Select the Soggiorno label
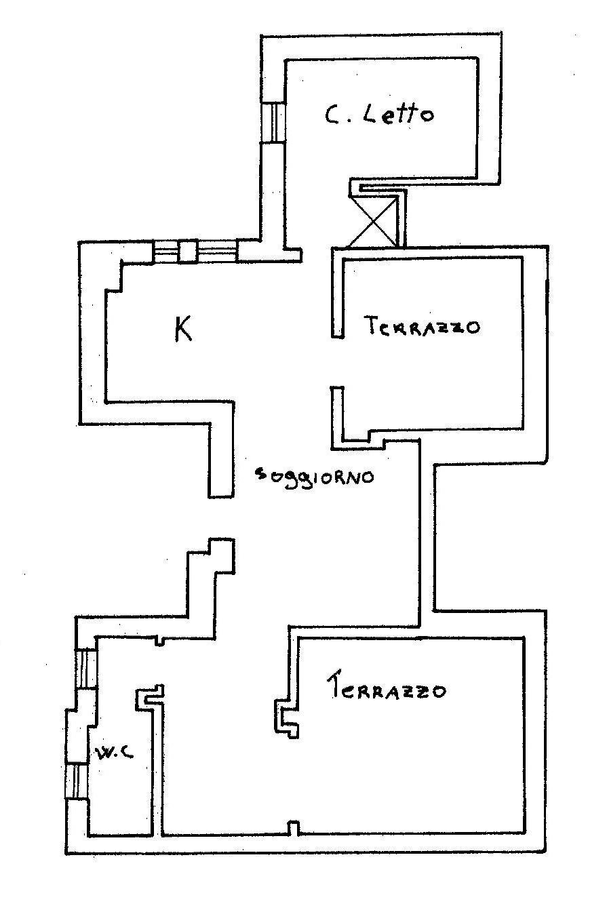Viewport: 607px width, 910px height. (313, 475)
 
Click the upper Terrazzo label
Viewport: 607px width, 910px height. (422, 326)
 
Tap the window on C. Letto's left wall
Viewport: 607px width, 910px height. (273, 122)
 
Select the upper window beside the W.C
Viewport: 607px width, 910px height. (86, 669)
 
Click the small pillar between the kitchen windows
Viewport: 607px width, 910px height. (187, 252)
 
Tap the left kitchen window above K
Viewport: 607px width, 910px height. (165, 252)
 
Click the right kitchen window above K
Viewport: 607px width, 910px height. (216, 252)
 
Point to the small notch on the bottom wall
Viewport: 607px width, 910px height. (293, 828)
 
